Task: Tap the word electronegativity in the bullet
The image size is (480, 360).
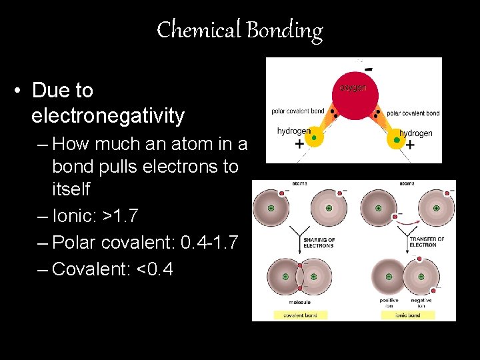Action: click(x=107, y=116)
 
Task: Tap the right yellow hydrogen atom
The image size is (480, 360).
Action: click(x=396, y=139)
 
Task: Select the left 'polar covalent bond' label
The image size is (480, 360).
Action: click(x=298, y=111)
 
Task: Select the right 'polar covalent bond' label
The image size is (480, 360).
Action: click(x=413, y=113)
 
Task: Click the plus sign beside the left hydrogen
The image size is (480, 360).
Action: click(x=299, y=144)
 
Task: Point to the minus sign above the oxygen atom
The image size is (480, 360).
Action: click(x=368, y=68)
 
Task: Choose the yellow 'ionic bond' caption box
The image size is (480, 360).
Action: click(x=407, y=315)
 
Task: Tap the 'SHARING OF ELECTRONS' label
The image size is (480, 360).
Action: click(x=319, y=243)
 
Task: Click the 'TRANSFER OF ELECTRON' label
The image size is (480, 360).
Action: click(x=427, y=243)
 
